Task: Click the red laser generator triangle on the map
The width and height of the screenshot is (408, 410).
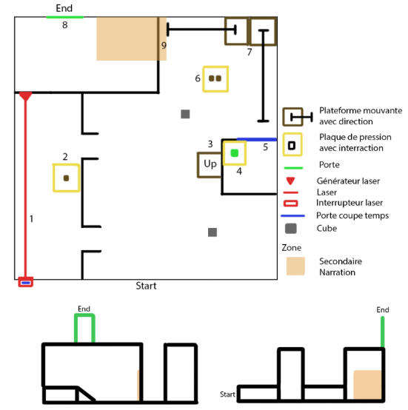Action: coord(25,95)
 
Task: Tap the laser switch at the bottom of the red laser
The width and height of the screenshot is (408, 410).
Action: coord(26,282)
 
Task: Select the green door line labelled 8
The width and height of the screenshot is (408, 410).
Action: coord(65,17)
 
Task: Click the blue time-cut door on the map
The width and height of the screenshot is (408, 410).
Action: coord(257,139)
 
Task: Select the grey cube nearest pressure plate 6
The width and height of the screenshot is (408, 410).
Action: coord(185,114)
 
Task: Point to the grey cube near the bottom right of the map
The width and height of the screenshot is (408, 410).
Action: coord(213,232)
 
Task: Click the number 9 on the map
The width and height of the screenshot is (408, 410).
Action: coord(164,45)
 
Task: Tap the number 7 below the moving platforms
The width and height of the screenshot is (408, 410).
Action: coord(250,52)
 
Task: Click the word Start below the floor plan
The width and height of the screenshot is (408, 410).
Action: coord(146,286)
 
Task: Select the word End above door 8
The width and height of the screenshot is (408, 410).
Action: coord(64,8)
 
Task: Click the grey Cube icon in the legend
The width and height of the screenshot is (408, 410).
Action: coord(291,229)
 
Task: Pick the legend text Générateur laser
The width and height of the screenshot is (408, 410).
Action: coord(348,181)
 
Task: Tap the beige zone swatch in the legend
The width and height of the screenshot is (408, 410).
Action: coord(295,266)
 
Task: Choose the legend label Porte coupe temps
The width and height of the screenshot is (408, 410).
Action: coord(352,215)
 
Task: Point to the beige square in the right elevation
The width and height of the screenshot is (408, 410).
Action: coord(367,384)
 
